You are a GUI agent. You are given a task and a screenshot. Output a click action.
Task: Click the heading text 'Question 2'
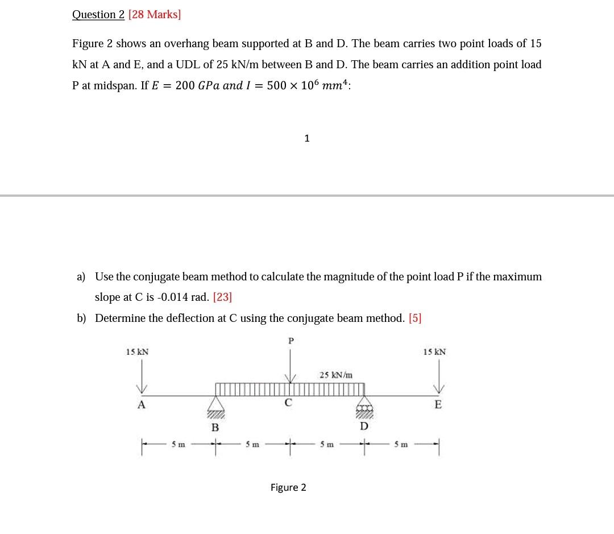pyautogui.click(x=98, y=15)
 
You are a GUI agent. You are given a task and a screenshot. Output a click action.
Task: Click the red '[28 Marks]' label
pyautogui.click(x=155, y=15)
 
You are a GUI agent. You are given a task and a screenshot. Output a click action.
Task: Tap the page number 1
pyautogui.click(x=307, y=138)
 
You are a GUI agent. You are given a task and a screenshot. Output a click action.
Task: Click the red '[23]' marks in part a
pyautogui.click(x=222, y=297)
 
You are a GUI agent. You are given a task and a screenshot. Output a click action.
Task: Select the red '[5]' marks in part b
pyautogui.click(x=415, y=318)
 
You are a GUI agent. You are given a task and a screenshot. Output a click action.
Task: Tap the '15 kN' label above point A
pyautogui.click(x=137, y=352)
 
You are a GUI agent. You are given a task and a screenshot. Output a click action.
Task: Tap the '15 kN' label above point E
pyautogui.click(x=434, y=352)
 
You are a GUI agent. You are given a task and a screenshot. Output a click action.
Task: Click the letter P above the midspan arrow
pyautogui.click(x=291, y=341)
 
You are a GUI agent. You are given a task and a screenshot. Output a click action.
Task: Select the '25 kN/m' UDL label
pyautogui.click(x=335, y=375)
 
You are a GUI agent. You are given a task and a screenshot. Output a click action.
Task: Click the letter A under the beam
pyautogui.click(x=142, y=405)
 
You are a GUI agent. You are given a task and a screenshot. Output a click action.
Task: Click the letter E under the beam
pyautogui.click(x=437, y=405)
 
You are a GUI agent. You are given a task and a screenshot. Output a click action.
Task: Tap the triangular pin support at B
pyautogui.click(x=215, y=405)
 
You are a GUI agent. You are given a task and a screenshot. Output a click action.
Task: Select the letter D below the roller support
pyautogui.click(x=364, y=426)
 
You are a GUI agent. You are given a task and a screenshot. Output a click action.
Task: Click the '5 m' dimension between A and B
pyautogui.click(x=178, y=445)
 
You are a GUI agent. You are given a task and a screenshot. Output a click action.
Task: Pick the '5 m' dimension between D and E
pyautogui.click(x=400, y=445)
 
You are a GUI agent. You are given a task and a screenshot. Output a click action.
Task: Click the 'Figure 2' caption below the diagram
pyautogui.click(x=288, y=487)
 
